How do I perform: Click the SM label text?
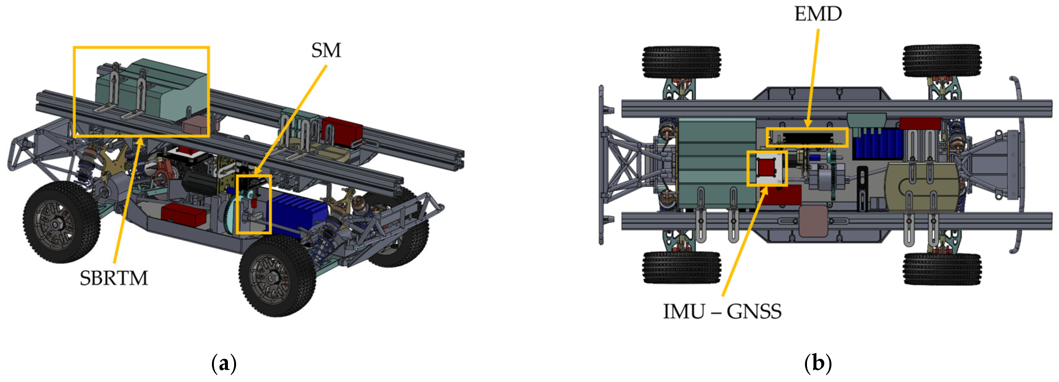pyautogui.click(x=326, y=50)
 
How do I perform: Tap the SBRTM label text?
pyautogui.click(x=114, y=278)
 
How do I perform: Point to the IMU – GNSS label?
pyautogui.click(x=722, y=311)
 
